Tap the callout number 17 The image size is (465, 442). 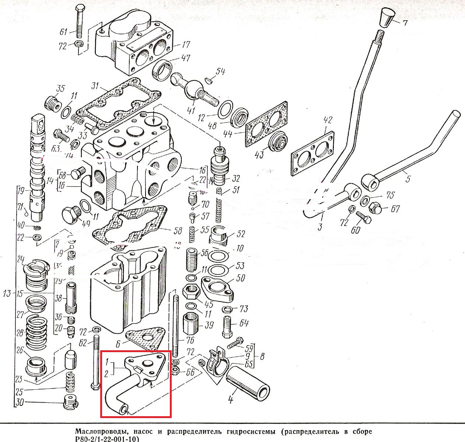click(186, 45)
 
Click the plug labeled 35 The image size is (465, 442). click(52, 102)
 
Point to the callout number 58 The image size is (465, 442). click(177, 231)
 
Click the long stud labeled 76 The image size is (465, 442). click(176, 324)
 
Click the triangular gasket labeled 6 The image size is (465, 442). click(144, 339)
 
